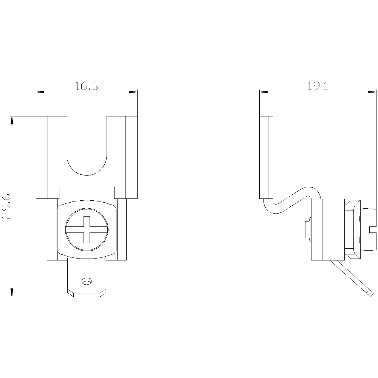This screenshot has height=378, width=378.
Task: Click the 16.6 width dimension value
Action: click(87, 86)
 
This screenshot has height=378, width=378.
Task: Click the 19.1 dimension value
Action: click(318, 86)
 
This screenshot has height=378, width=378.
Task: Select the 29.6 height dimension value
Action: click(6, 206)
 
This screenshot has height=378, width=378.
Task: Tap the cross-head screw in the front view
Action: click(87, 229)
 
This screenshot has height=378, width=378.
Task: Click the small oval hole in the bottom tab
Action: click(87, 281)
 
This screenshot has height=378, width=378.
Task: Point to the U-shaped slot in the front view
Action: click(87, 169)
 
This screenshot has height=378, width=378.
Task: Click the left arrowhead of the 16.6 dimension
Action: click(40, 92)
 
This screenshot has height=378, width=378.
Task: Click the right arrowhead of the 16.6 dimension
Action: click(133, 92)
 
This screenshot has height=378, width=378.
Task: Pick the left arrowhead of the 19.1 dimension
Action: click(264, 92)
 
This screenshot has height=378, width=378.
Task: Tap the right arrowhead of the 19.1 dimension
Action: click(372, 92)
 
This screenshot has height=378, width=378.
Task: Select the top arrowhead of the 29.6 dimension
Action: click(12, 121)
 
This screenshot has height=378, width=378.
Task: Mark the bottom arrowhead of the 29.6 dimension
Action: click(12, 293)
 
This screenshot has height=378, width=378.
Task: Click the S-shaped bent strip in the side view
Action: click(293, 200)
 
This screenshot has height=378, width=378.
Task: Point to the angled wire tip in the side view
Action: click(370, 293)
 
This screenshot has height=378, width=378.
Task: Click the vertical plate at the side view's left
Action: click(266, 157)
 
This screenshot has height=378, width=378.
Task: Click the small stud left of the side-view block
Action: click(308, 229)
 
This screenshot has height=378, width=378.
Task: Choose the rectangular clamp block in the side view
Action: click(328, 229)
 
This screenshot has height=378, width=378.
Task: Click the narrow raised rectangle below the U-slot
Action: click(87, 193)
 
